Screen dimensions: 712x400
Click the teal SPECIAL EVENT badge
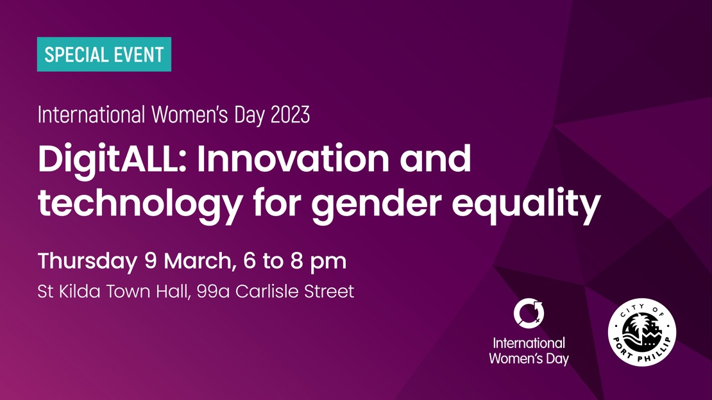[x=104, y=54]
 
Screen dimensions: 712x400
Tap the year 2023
[x=290, y=115]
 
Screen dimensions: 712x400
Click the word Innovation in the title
[x=292, y=158]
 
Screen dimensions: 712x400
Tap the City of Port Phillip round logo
[x=641, y=332]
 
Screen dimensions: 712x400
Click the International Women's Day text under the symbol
[x=529, y=351]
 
